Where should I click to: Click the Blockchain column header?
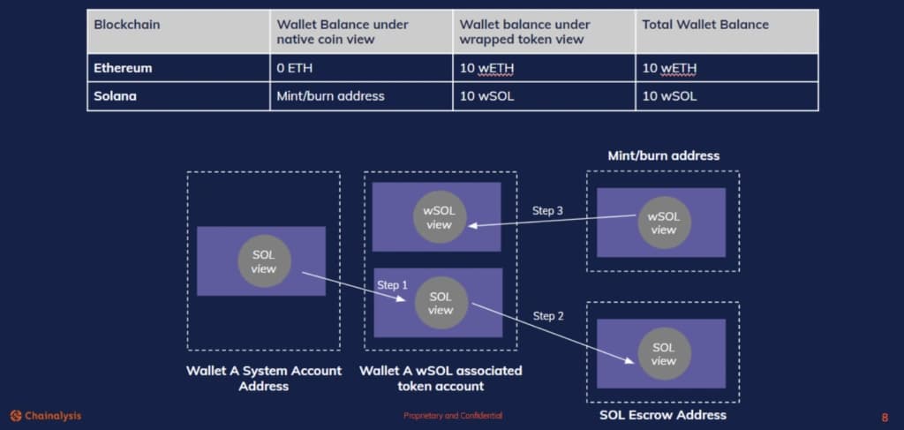[x=127, y=25]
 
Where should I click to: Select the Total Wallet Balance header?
[x=705, y=25]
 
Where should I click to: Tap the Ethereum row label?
[x=123, y=68]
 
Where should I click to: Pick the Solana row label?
[x=116, y=96]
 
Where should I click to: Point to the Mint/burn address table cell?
[x=330, y=96]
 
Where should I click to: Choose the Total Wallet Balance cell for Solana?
[x=669, y=96]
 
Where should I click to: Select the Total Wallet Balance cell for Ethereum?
[x=669, y=69]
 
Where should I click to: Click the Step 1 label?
[x=392, y=284]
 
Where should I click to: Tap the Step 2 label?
[x=548, y=316]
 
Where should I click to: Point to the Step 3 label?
[x=547, y=211]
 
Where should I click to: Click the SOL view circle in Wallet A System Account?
[x=264, y=261]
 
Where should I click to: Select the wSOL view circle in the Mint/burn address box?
[x=664, y=223]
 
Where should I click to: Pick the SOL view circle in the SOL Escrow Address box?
[x=664, y=354]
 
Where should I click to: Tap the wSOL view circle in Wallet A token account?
[x=440, y=217]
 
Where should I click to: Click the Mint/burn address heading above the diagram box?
[x=664, y=155]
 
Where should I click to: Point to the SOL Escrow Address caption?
[x=663, y=415]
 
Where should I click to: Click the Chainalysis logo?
[x=46, y=416]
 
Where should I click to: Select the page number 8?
[x=885, y=418]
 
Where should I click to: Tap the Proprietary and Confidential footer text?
[x=453, y=416]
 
